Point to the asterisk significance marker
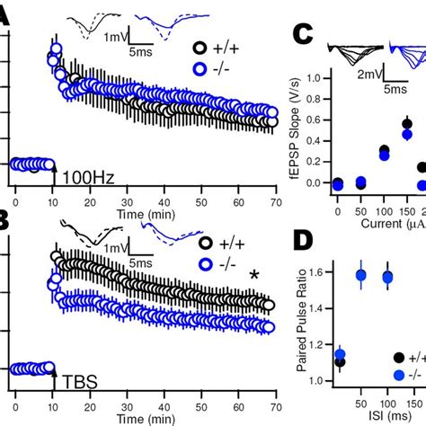pyautogui.click(x=255, y=276)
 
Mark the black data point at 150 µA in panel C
pyautogui.click(x=407, y=124)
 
